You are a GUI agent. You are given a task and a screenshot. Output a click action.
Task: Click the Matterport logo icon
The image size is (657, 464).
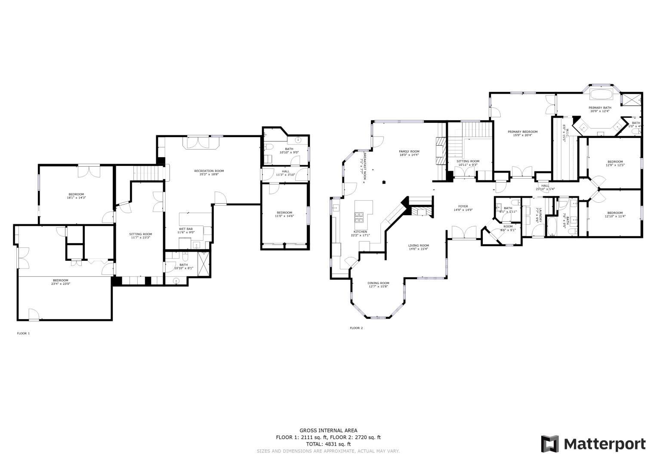(x=549, y=444)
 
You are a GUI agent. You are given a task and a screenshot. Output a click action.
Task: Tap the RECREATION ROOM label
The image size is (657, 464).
(x=209, y=171)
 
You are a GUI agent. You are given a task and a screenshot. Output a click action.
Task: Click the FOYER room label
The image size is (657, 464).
(x=463, y=206)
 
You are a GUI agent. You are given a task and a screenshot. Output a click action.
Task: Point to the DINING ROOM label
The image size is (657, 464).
(x=378, y=283)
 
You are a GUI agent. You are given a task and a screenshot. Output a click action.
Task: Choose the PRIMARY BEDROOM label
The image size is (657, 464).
(x=522, y=132)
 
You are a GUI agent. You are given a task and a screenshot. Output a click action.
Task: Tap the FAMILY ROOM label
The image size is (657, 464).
(x=409, y=151)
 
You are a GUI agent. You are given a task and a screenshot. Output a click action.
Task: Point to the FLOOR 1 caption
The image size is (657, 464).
(x=23, y=333)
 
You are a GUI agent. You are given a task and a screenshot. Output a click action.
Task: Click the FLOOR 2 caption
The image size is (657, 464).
(x=356, y=328)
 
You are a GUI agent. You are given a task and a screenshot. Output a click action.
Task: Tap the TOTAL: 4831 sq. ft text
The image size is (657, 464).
(x=328, y=444)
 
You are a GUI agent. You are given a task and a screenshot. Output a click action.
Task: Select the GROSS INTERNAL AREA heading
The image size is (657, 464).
(x=328, y=430)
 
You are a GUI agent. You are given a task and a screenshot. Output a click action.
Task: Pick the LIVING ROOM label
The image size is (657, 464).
(x=419, y=246)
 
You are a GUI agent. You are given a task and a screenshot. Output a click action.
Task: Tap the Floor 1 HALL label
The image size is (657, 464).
(x=285, y=171)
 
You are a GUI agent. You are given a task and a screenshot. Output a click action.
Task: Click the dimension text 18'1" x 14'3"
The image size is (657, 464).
(x=76, y=198)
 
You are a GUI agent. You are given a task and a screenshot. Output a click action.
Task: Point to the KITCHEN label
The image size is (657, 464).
(x=360, y=232)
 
